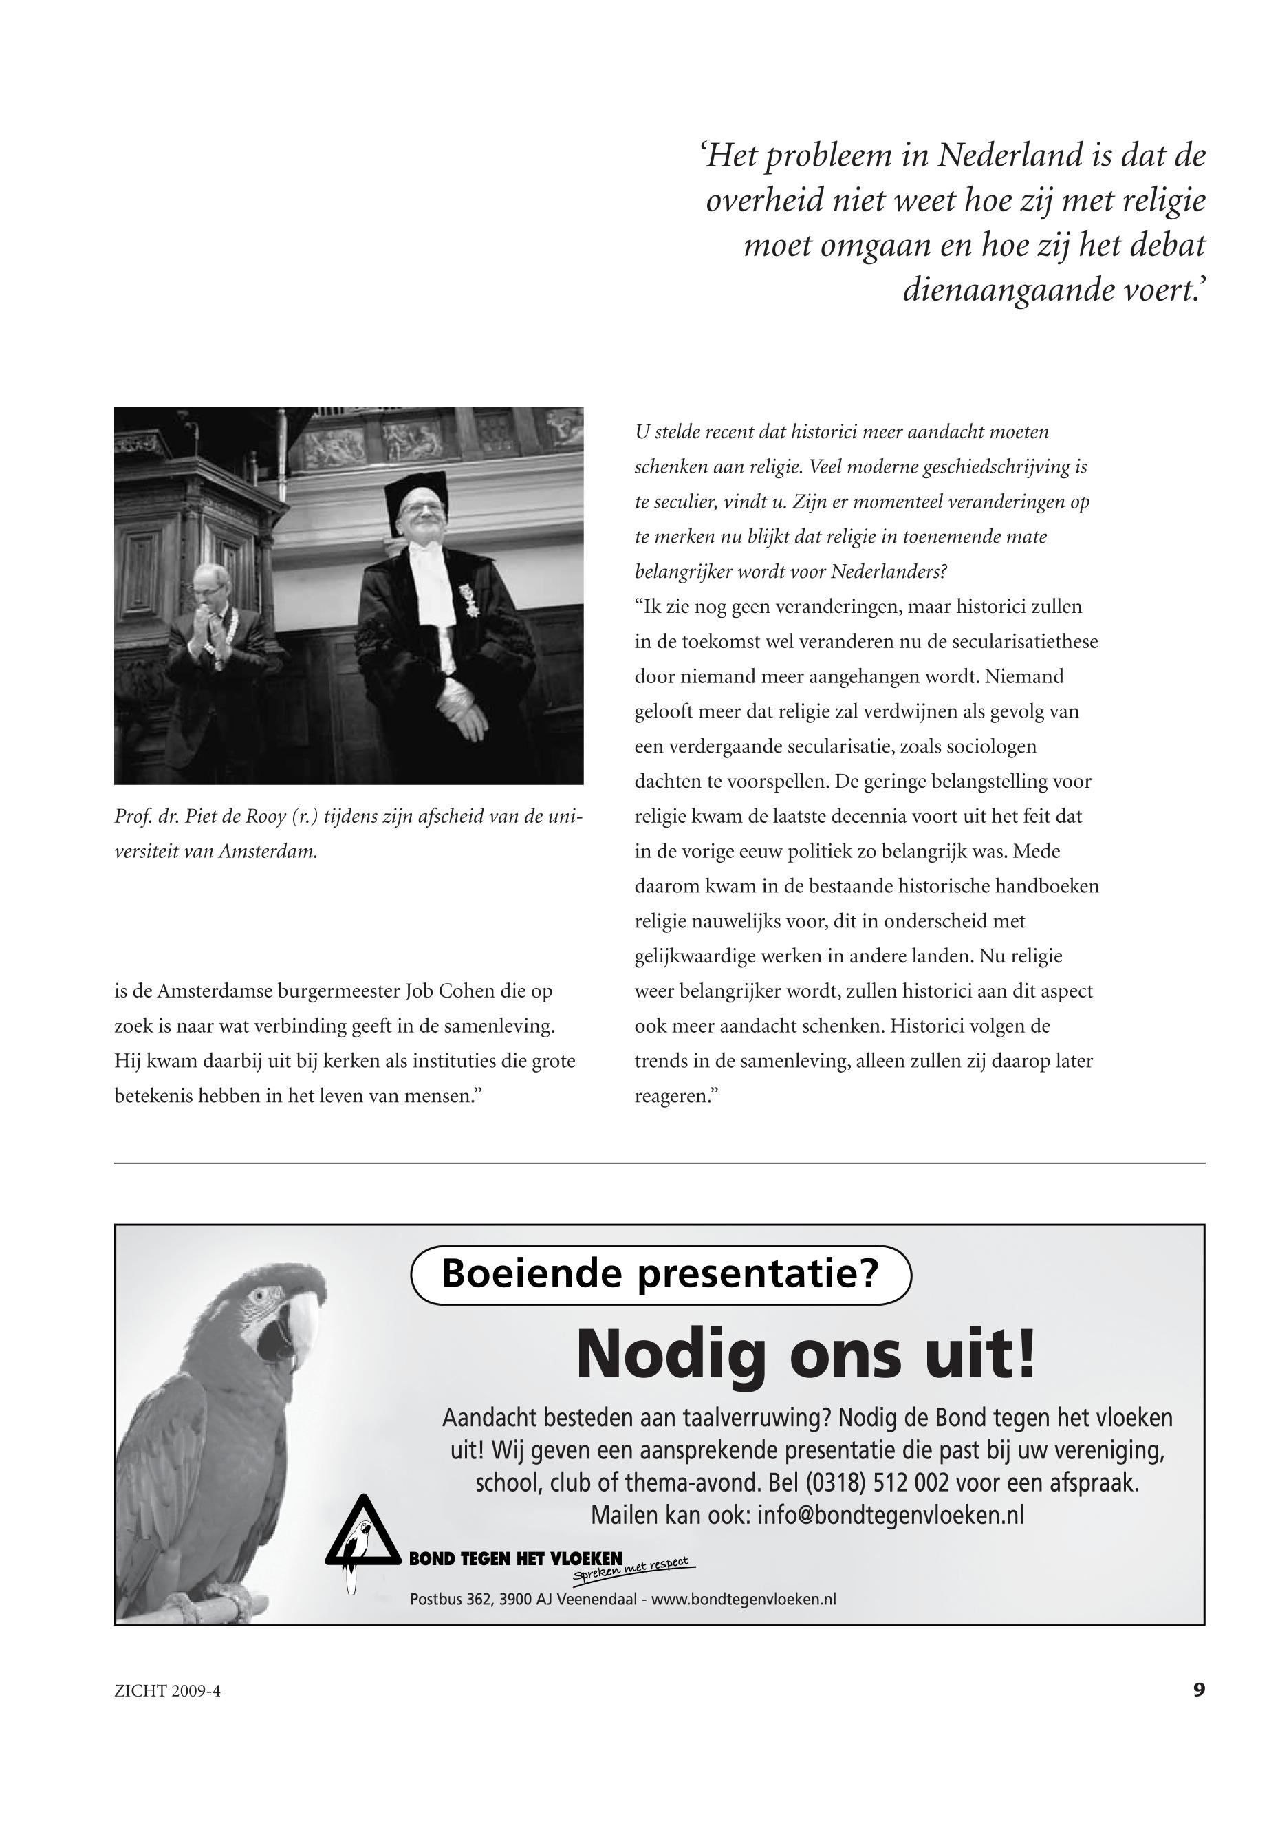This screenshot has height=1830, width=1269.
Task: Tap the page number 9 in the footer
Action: (1199, 1712)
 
